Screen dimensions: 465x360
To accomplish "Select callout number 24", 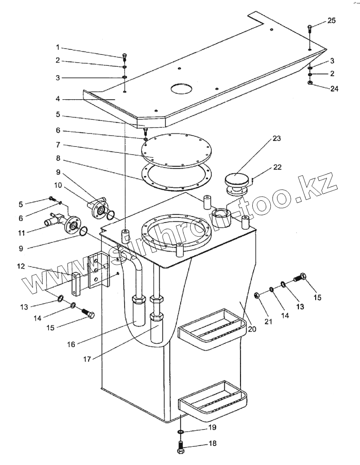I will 334,88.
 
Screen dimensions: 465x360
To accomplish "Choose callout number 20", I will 252,329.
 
